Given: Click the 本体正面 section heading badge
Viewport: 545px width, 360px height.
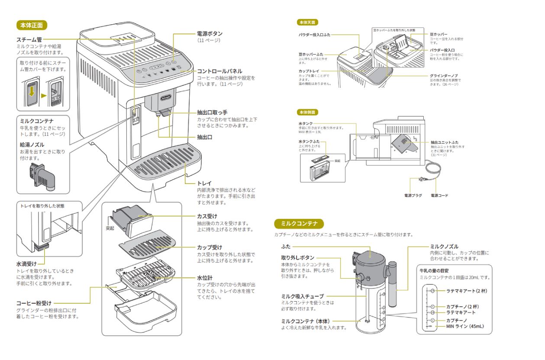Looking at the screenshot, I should (x=32, y=25).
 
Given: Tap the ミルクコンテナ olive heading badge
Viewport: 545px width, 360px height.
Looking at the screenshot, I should (x=299, y=224).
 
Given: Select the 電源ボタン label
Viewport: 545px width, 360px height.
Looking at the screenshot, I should (x=210, y=33).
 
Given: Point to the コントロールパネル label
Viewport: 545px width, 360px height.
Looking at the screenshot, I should (x=219, y=71).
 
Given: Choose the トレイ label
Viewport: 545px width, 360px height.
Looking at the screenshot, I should (x=204, y=183).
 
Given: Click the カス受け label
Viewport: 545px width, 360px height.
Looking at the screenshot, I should (x=207, y=216).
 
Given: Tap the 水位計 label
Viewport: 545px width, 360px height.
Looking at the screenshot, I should (x=204, y=277).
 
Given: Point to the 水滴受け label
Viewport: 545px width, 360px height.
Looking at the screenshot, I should (x=26, y=264).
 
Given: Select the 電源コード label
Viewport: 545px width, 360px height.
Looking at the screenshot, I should (x=439, y=196).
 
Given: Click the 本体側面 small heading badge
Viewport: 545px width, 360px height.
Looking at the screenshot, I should (x=307, y=112).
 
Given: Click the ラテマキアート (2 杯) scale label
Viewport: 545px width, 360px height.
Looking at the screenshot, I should (x=466, y=291).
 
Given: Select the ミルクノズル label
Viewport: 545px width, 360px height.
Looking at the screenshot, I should (x=444, y=246).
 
